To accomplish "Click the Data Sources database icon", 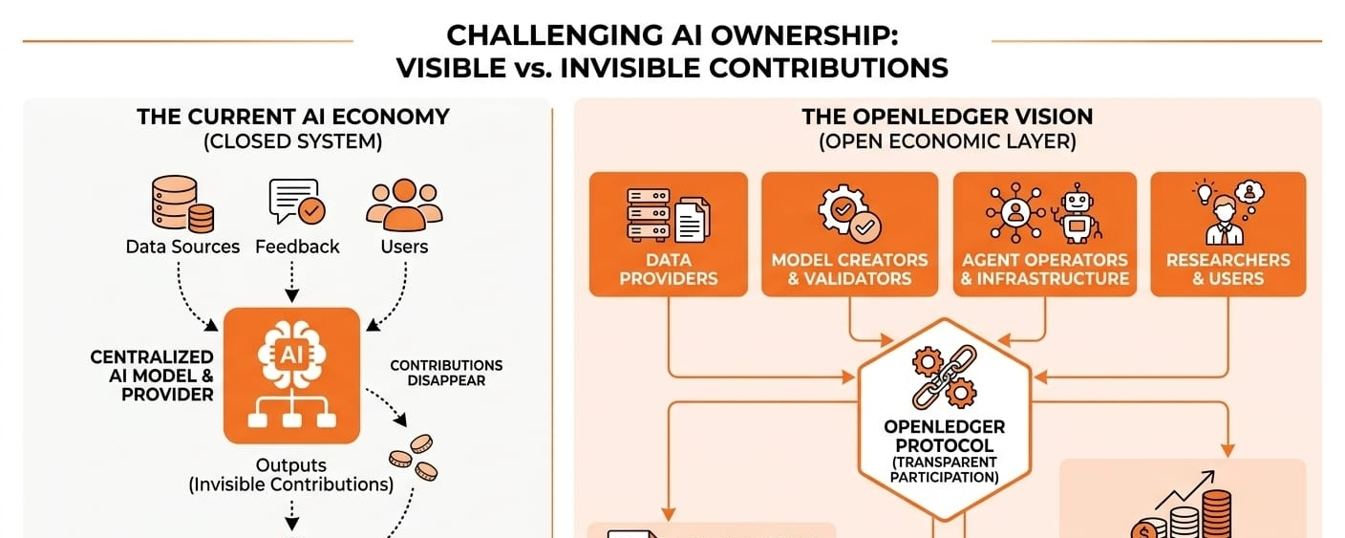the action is [182, 204].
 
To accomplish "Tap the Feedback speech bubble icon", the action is [297, 202].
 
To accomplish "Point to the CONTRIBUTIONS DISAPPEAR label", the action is [446, 373].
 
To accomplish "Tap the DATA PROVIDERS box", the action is [669, 234].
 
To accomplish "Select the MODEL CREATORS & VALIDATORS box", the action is [849, 234].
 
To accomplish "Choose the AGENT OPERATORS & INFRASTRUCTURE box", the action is [1045, 234].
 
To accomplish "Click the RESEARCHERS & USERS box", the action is [1228, 234].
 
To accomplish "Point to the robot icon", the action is [1078, 213].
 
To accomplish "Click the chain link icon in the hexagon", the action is [945, 377].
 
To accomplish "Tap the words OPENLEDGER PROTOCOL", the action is [945, 436].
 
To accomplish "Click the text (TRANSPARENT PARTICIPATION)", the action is [945, 469].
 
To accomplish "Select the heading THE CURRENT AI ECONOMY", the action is [293, 117].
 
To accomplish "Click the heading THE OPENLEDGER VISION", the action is [948, 117].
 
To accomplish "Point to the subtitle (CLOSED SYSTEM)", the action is [293, 141].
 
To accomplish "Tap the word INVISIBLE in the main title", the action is [630, 67].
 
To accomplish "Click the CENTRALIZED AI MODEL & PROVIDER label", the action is [153, 376].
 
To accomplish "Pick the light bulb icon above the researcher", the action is [1205, 192].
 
